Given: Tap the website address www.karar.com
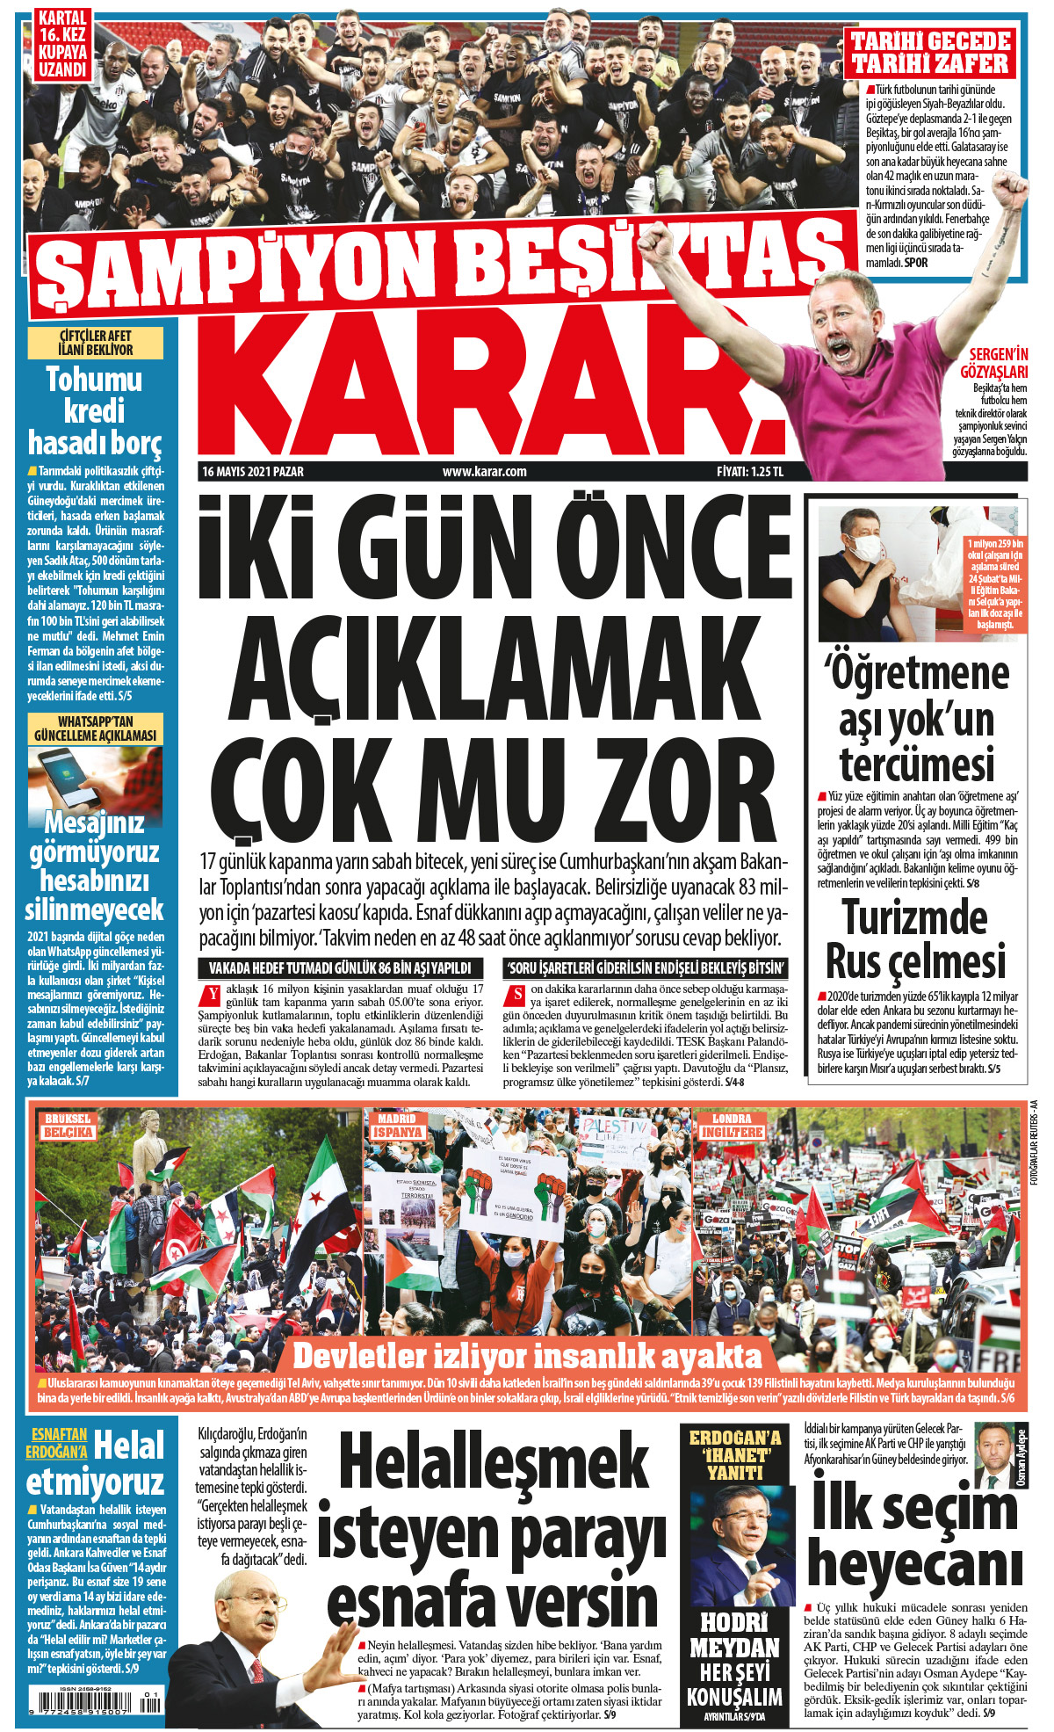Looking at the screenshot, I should coord(484,472).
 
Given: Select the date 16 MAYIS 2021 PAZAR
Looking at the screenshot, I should coord(253,472).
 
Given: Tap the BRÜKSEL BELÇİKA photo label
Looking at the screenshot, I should coord(69,1126).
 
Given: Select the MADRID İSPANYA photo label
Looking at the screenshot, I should coord(397,1126).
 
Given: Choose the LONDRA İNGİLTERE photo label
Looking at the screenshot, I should coord(731,1126).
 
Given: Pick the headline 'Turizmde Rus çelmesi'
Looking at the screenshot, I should coord(915,938).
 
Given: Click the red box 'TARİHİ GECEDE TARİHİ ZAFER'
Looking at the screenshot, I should coord(930,53).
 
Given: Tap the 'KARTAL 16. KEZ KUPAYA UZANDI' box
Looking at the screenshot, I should coord(62,44).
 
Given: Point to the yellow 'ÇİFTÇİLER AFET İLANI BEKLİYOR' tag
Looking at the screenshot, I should coord(95,343).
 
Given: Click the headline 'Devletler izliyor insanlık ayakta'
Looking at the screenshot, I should coord(527,1356).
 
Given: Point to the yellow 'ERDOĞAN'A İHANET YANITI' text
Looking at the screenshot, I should coord(734,1454).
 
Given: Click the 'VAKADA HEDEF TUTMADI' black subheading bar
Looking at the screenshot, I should coord(341,968).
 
